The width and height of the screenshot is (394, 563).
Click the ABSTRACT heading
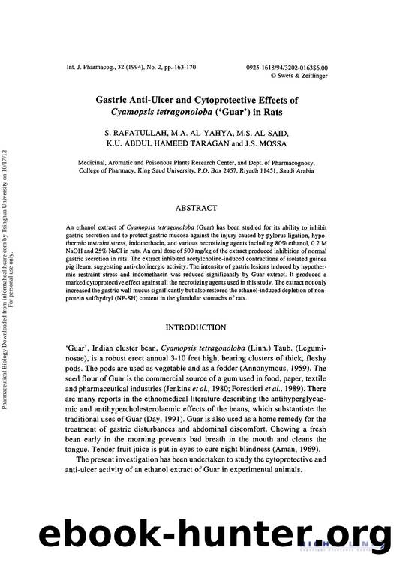coord(196,208)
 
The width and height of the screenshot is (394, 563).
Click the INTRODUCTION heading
coord(196,327)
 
